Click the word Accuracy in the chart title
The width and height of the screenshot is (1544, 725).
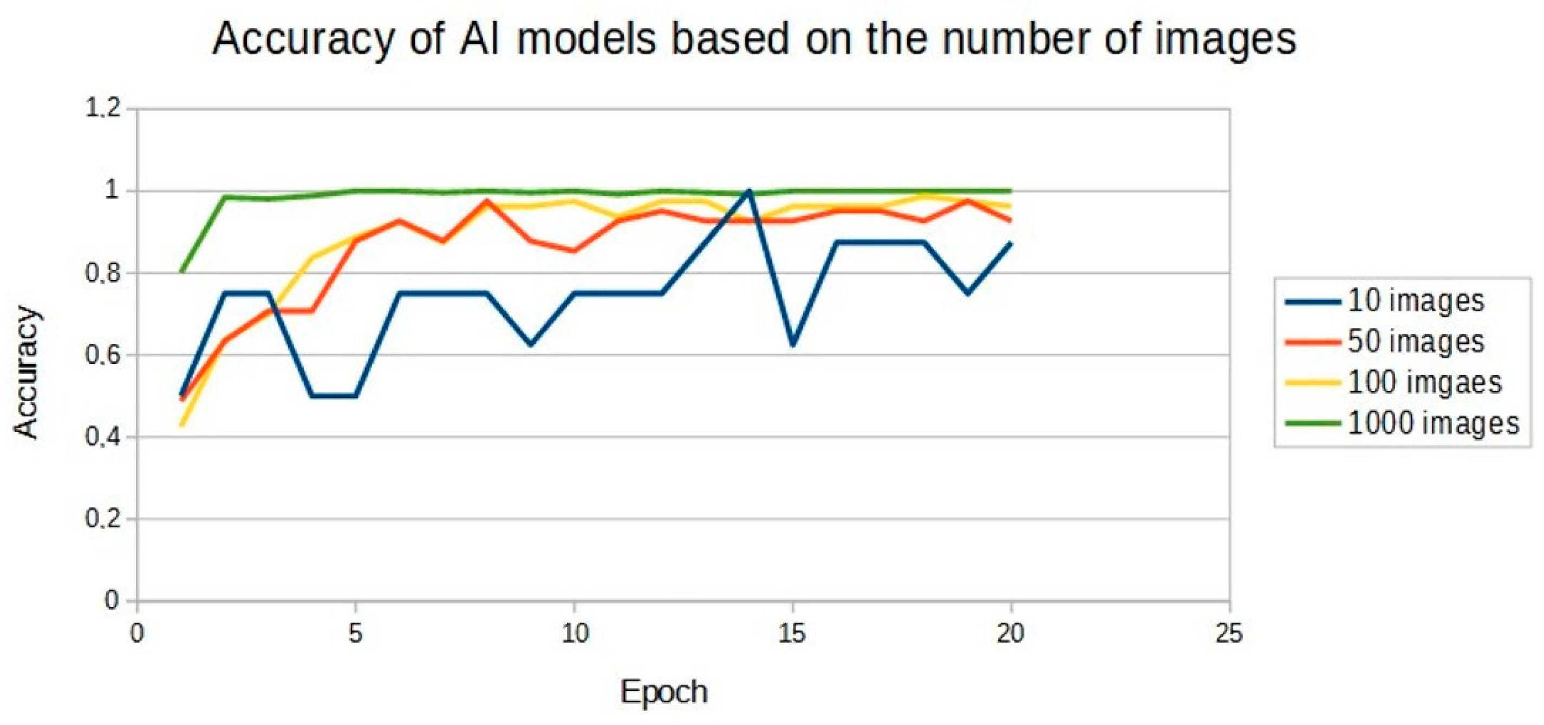(x=302, y=40)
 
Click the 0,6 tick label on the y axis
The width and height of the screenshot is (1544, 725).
(x=103, y=355)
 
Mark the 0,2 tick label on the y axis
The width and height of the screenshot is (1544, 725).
(x=103, y=518)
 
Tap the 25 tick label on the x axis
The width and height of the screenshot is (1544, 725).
(x=1229, y=633)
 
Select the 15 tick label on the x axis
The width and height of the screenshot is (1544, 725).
(x=792, y=633)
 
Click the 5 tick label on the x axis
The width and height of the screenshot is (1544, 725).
(x=356, y=633)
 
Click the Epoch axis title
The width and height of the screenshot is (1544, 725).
(x=663, y=692)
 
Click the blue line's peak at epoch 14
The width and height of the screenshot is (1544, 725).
(x=749, y=191)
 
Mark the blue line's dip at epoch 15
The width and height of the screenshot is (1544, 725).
(x=793, y=345)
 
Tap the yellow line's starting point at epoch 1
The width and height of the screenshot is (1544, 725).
(x=181, y=426)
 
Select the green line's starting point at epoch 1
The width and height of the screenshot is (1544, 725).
(x=181, y=273)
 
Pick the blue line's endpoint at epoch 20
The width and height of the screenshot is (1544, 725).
(x=1011, y=243)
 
